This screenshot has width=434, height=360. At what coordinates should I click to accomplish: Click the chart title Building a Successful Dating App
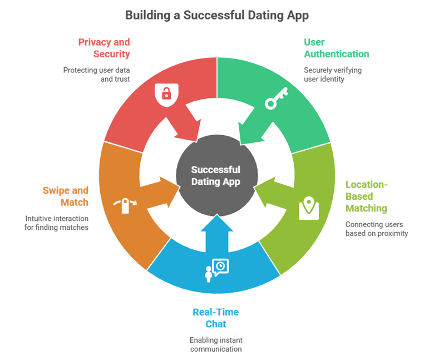[216, 15]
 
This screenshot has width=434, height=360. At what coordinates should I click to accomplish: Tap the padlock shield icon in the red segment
[166, 93]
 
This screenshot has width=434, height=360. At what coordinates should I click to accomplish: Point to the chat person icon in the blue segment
[216, 270]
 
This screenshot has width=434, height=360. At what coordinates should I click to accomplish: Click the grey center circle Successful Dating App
[216, 176]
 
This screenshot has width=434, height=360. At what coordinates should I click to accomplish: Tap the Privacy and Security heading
[104, 48]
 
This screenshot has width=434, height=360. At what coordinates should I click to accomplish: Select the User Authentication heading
[336, 48]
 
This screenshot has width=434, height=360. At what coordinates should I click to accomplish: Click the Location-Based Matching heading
[366, 196]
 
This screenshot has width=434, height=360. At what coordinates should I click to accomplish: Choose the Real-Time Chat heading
[216, 318]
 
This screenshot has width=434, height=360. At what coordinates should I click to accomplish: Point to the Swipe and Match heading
[66, 196]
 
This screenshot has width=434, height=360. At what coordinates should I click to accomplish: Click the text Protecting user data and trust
[95, 75]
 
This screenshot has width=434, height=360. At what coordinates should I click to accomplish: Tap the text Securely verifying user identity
[332, 75]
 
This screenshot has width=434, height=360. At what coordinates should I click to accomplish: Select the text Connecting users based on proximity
[376, 229]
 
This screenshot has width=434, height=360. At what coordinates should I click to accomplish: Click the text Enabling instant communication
[216, 344]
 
